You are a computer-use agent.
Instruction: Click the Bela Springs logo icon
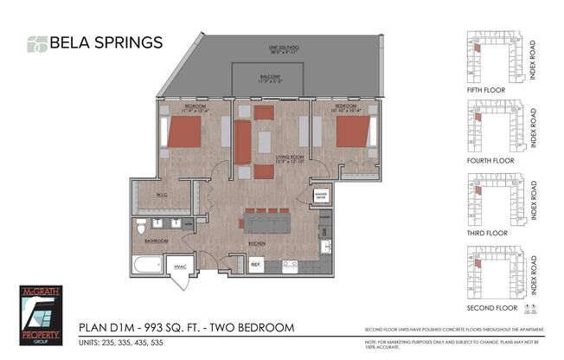[36, 43]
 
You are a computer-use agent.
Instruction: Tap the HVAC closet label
[182, 267]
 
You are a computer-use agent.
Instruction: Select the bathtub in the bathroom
[149, 263]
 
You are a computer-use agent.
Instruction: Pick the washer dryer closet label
[321, 196]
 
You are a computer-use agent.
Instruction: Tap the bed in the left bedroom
[183, 133]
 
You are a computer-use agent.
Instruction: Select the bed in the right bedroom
[352, 132]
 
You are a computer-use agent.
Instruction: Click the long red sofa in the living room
[243, 142]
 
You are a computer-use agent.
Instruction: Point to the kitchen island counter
[266, 223]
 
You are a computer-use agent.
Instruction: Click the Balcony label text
[269, 77]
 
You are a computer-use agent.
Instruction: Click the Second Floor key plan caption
[488, 307]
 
